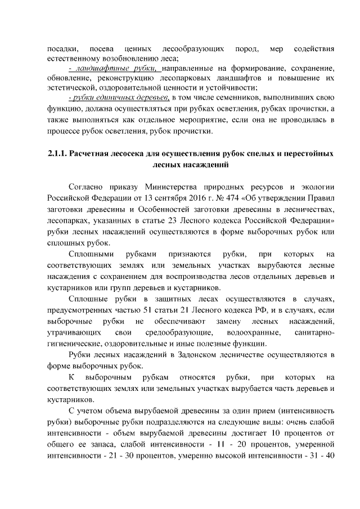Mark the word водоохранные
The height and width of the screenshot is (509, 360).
pos(249,334)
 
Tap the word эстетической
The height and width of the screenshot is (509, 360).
pos(70,87)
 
